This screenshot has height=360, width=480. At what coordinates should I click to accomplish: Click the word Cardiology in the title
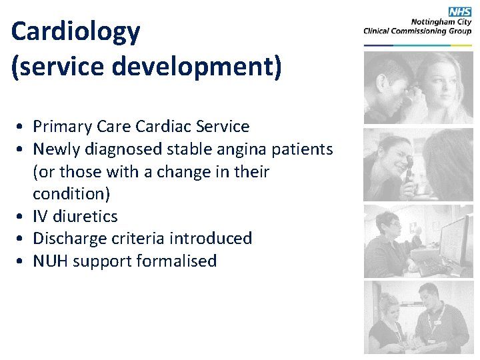coord(76,32)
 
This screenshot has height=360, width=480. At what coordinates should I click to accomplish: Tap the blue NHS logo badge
coord(459,12)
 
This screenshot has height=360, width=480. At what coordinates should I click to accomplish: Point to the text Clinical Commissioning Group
coord(417,31)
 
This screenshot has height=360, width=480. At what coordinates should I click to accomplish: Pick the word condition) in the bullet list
coord(72,194)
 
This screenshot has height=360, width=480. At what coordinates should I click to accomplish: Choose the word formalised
coord(177,261)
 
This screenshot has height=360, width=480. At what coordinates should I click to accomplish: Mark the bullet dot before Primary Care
coord(22,127)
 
